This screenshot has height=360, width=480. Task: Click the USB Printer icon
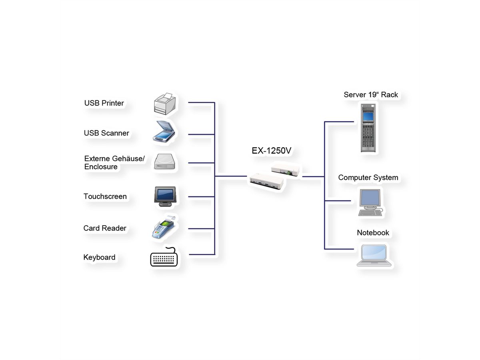pyautogui.click(x=165, y=103)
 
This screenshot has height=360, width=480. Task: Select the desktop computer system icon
pyautogui.click(x=370, y=203)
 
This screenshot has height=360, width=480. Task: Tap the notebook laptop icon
pyautogui.click(x=374, y=255)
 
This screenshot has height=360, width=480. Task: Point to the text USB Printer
pyautogui.click(x=104, y=103)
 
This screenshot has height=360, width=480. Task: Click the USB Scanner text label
pyautogui.click(x=106, y=133)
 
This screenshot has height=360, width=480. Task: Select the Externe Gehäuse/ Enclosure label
pyautogui.click(x=114, y=163)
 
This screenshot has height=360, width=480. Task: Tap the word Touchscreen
pyautogui.click(x=105, y=196)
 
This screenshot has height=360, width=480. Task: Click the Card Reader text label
pyautogui.click(x=105, y=228)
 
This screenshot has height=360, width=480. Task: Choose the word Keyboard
pyautogui.click(x=99, y=258)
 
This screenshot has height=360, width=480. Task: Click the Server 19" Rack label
pyautogui.click(x=371, y=95)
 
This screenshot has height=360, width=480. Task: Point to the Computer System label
pyautogui.click(x=368, y=178)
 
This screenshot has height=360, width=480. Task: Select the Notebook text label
pyautogui.click(x=373, y=233)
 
